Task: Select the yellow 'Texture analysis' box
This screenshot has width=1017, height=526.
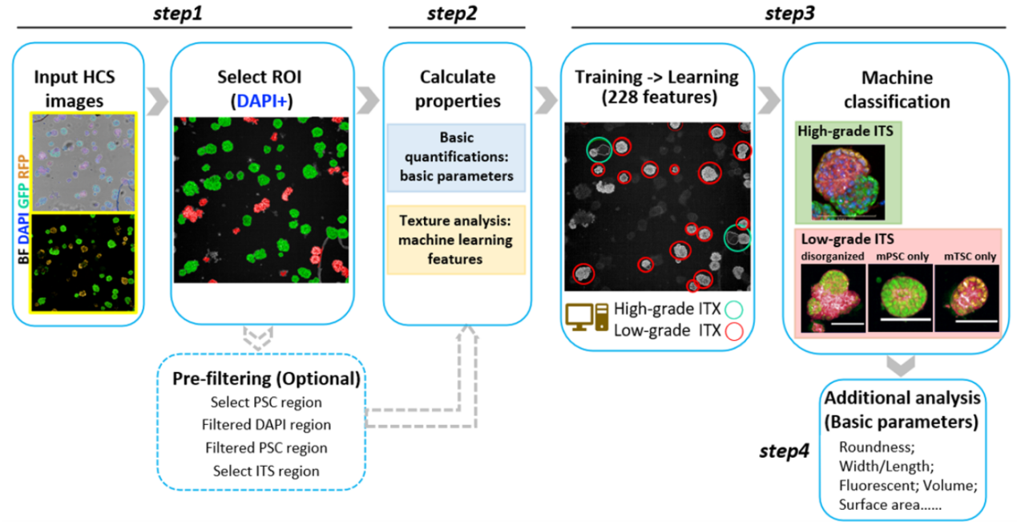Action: pyautogui.click(x=456, y=240)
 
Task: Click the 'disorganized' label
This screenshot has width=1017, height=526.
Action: pyautogui.click(x=832, y=257)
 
